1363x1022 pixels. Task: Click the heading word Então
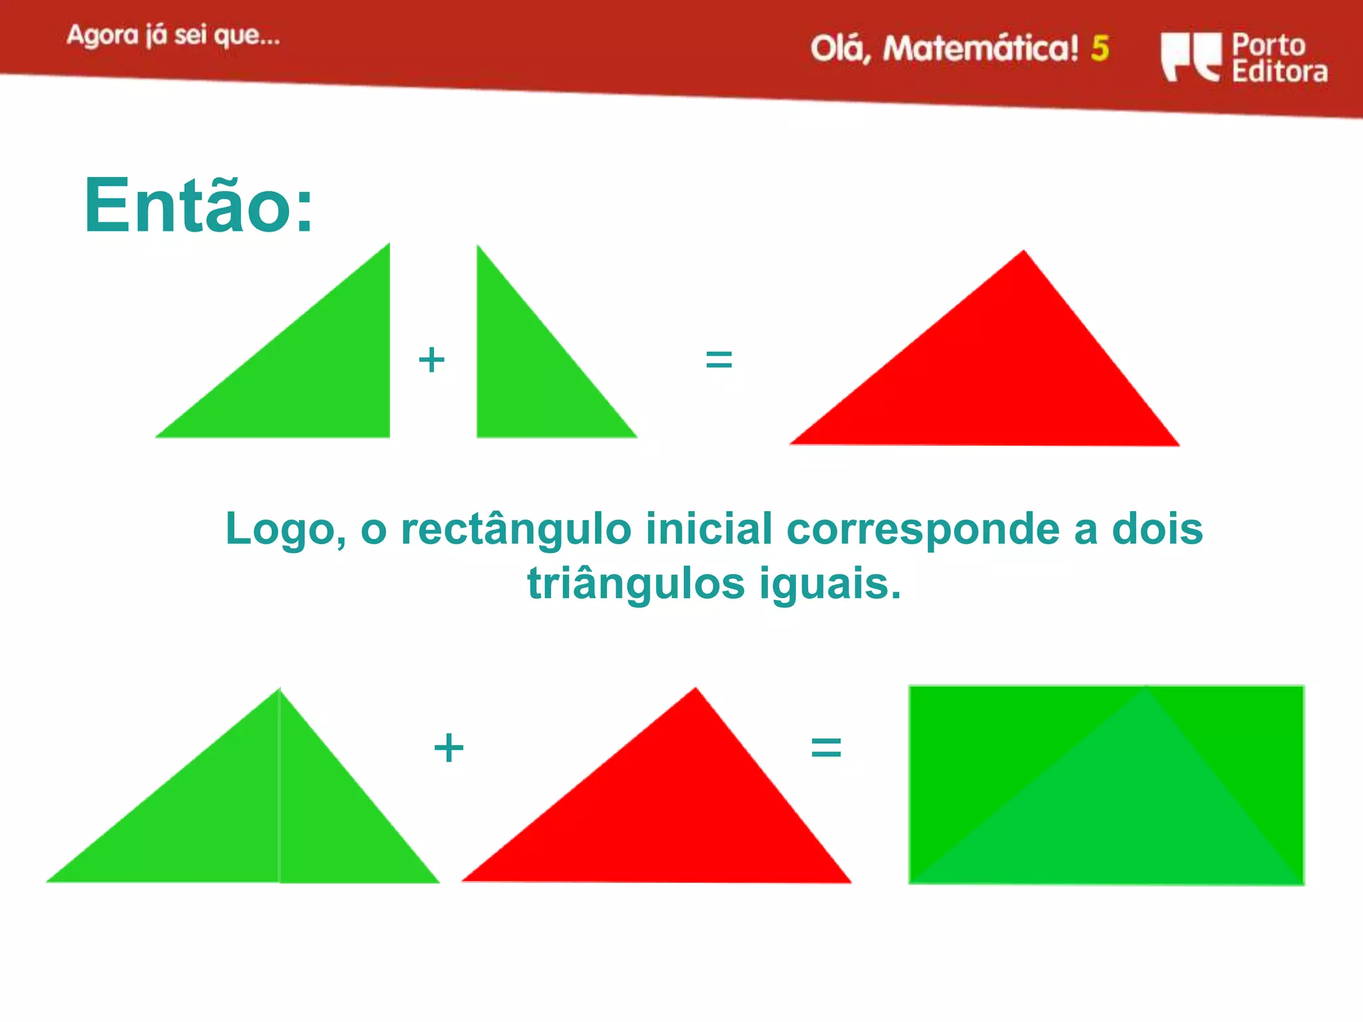(x=198, y=206)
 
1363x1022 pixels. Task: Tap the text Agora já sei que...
(x=173, y=35)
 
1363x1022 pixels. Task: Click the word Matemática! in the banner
(x=980, y=49)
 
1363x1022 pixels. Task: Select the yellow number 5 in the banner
(x=1100, y=49)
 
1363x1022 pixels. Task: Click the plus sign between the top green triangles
(x=431, y=360)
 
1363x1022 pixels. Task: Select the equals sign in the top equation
(x=719, y=360)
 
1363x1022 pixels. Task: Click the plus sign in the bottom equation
(x=449, y=748)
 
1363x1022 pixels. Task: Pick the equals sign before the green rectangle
(x=826, y=748)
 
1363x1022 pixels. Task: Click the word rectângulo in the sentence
(x=516, y=530)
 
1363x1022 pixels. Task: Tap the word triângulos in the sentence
(x=636, y=584)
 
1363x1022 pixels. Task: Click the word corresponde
(x=922, y=530)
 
